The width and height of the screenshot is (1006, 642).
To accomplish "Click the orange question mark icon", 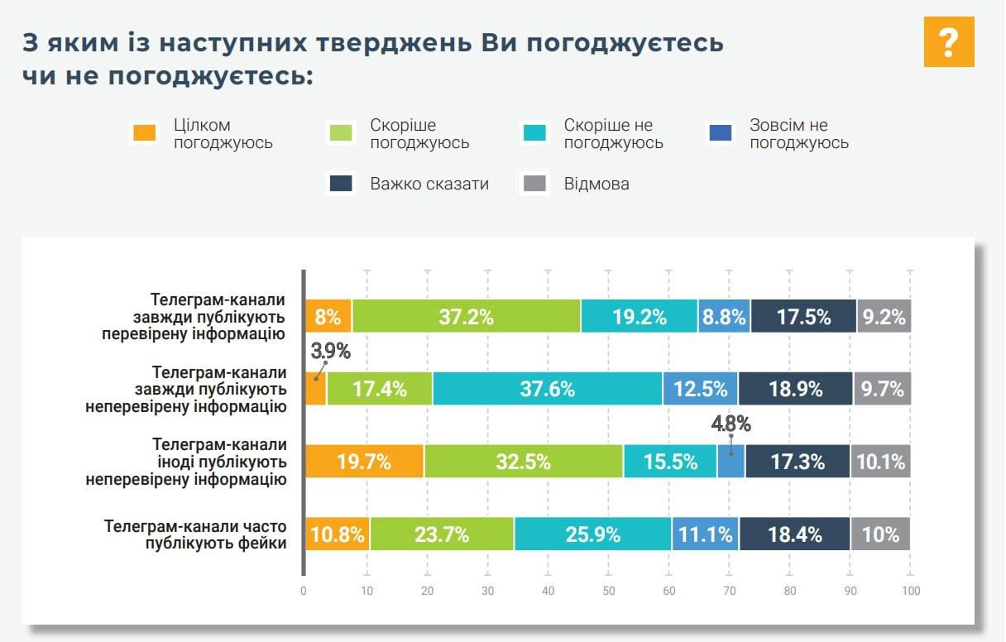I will coord(949,41).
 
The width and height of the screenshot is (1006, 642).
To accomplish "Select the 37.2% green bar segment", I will coord(467,316).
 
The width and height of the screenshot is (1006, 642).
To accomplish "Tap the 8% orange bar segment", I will coord(328,316).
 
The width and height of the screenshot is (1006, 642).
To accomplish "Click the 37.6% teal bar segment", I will coord(547,389).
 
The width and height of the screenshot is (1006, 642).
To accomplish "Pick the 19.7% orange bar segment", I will coord(364,462).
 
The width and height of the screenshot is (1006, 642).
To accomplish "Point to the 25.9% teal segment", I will coord(592,534).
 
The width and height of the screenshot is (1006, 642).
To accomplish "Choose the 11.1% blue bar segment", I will coord(705,534).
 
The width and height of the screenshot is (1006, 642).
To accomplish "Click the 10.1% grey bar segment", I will coord(880,462).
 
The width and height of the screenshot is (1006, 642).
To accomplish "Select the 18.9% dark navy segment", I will coord(795,389).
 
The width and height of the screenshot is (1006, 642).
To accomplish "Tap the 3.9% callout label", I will coord(330,351).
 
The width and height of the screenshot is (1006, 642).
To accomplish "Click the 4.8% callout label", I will coord(731,424).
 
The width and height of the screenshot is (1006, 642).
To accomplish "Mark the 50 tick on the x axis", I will coord(608,591).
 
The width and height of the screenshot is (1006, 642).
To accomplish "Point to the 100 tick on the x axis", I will coord(910,591).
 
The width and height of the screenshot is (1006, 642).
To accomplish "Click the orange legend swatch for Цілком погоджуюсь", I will coord(144,132).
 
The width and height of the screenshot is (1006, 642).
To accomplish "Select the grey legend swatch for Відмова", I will coord(534,184).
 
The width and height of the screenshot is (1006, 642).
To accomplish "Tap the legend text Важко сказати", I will coord(429,184).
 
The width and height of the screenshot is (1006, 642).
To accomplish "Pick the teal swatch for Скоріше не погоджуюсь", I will coord(534,132).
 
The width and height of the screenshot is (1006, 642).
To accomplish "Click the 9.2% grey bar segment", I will coord(884,316).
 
